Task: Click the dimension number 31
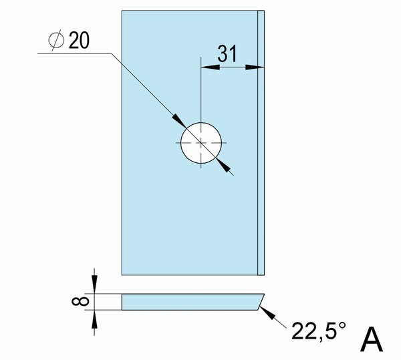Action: point(227,53)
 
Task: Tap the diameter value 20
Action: point(79,40)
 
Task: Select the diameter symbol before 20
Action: point(56,40)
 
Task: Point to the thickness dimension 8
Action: point(80,301)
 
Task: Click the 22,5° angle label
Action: point(319,331)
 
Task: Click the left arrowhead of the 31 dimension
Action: point(211,67)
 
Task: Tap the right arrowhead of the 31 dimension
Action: point(255,67)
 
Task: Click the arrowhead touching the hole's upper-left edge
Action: point(179,121)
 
